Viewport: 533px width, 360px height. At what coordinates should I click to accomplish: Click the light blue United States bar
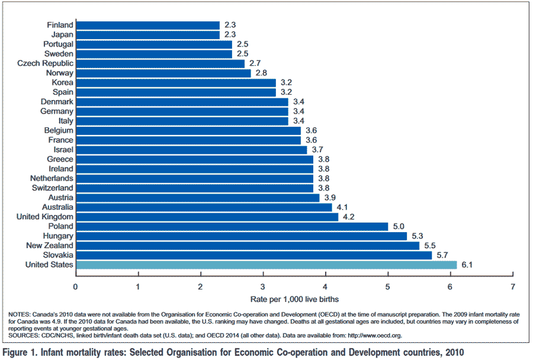pos(266,265)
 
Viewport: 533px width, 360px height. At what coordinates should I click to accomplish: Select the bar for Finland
pos(148,25)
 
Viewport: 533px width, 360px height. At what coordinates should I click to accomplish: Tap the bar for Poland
pos(232,226)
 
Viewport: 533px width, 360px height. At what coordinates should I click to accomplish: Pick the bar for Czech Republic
pos(160,63)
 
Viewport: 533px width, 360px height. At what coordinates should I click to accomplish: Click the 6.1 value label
pos(467,265)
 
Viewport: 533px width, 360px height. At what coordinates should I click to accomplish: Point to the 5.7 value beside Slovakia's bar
pos(442,255)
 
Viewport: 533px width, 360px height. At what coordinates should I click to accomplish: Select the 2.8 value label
pos(261,73)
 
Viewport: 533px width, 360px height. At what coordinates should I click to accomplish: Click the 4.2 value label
pos(348,217)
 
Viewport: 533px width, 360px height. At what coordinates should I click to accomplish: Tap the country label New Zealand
pos(50,246)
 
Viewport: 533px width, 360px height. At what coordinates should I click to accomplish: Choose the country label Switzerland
pos(52,188)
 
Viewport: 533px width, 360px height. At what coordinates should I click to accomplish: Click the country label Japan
pos(62,35)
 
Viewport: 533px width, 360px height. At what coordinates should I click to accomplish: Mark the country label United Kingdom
pos(45,217)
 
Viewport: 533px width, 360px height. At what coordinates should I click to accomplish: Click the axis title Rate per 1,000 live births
pos(294,300)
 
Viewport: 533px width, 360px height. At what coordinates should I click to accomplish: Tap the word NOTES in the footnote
pos(19,314)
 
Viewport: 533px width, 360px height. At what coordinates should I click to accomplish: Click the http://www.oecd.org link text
pos(375,336)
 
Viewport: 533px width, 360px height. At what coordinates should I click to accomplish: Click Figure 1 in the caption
pos(20,352)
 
